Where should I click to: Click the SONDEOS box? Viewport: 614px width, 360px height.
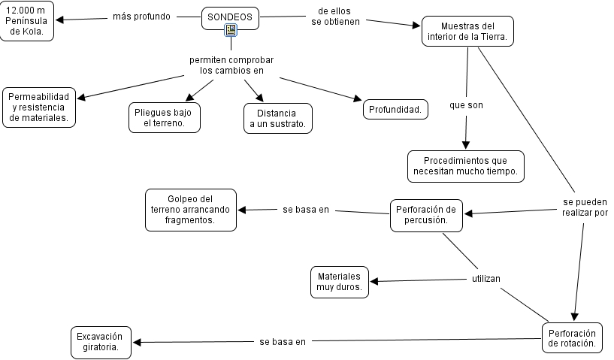coord(229,17)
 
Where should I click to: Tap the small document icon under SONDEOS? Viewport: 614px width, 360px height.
coord(231,31)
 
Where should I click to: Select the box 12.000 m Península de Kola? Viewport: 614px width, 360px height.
coord(27,21)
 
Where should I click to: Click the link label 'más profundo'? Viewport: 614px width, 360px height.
coord(141,17)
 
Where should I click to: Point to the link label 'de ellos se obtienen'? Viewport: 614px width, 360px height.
coord(335,17)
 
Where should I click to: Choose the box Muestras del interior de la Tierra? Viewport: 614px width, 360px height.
coord(467,31)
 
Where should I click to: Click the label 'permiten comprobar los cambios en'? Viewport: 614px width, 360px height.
coord(231,65)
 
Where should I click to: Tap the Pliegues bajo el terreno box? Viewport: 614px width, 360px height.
coord(164,117)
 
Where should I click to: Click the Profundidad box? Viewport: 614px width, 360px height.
coord(396,110)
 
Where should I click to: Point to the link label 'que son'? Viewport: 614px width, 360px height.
coord(466,105)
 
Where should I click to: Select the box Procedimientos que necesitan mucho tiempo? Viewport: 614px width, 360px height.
coord(465,166)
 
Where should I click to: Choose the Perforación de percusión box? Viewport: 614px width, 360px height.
coord(426,215)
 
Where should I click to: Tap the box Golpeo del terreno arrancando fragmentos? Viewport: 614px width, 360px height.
coord(190,209)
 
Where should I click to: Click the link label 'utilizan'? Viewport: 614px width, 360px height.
coord(485,279)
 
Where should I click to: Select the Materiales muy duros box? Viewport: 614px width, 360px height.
coord(339,281)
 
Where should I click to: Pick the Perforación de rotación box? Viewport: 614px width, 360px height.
coord(572,338)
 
